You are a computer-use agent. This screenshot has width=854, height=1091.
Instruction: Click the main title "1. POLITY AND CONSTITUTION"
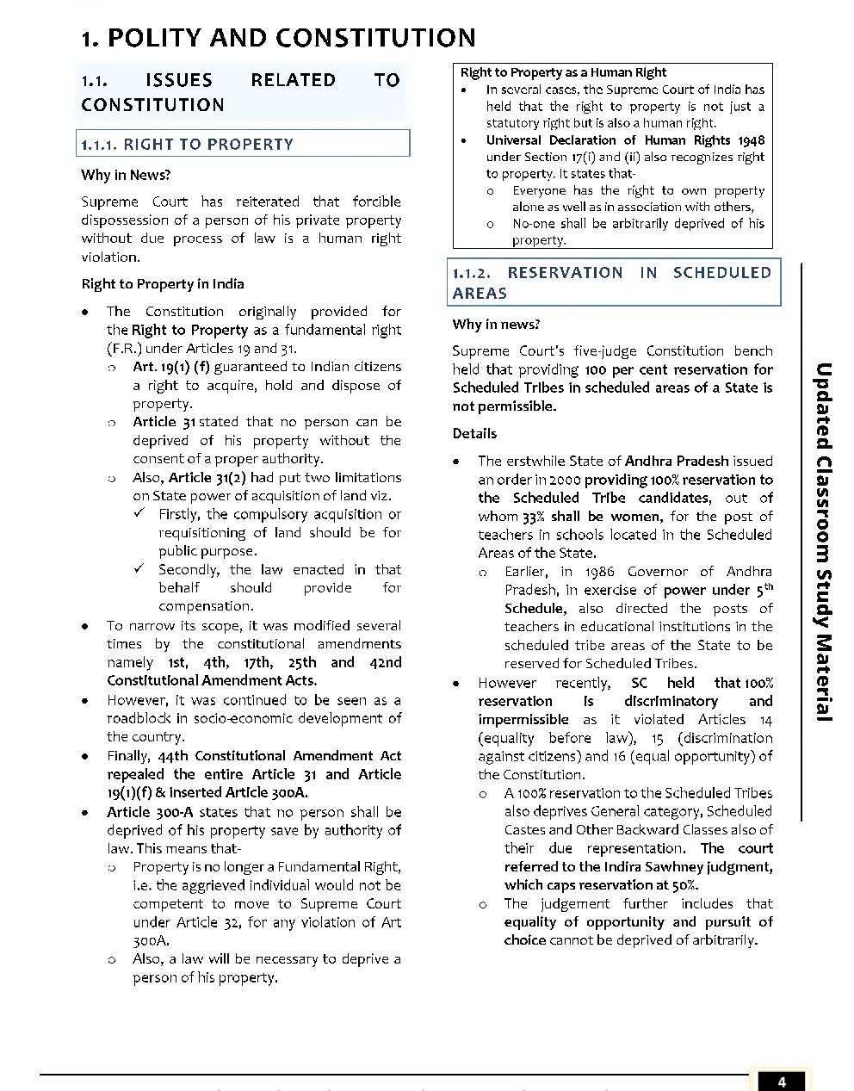278,38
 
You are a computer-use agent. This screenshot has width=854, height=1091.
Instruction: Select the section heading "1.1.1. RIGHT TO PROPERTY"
188,145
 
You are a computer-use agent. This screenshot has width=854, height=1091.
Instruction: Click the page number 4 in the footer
781,1082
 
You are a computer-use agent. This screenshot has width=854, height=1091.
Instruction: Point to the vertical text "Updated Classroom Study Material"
824,542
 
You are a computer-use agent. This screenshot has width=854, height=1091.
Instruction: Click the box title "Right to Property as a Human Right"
563,72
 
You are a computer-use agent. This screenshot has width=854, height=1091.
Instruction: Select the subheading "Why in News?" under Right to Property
126,175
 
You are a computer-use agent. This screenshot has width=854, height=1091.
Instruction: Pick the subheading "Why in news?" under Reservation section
496,325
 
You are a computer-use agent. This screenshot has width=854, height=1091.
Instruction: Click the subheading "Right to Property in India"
162,284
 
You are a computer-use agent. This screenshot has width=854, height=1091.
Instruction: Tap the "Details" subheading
474,434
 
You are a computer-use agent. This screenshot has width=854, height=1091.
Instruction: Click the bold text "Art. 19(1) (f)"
171,367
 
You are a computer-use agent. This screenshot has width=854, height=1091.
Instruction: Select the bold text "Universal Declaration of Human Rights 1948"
625,140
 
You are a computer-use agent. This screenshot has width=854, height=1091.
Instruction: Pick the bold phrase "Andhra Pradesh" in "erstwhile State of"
677,462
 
